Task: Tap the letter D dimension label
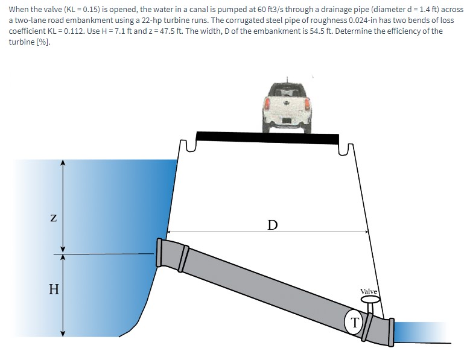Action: [x=273, y=225]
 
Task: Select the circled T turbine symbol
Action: [x=355, y=321]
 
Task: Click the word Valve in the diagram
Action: [x=369, y=292]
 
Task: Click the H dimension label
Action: [x=54, y=289]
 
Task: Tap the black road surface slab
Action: [x=267, y=137]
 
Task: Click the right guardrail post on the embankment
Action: [x=348, y=147]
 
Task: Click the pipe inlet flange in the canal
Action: [x=160, y=253]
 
